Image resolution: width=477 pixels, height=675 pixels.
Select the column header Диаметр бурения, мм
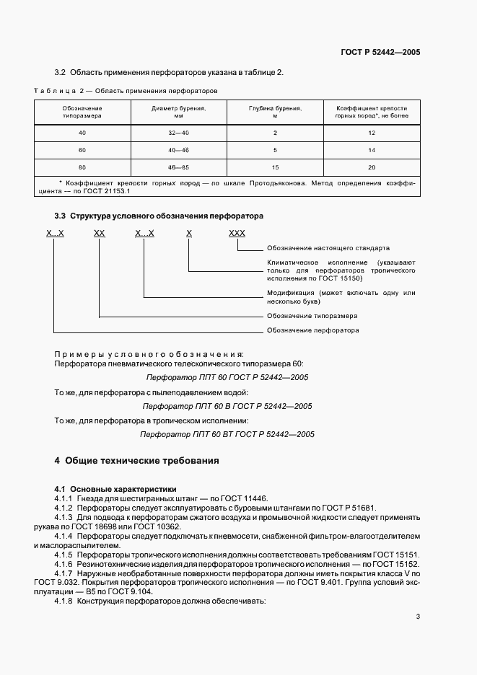(178, 111)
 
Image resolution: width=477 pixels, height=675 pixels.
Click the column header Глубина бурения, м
(275, 111)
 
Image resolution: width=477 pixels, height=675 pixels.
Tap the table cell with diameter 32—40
(178, 133)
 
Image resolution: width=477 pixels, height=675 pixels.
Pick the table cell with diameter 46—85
(178, 167)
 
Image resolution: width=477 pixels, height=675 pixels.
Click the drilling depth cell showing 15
(275, 167)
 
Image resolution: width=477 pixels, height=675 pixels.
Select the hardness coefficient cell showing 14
(372, 150)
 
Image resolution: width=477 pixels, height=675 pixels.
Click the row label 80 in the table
(82, 167)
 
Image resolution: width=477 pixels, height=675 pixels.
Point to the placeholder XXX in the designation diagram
(237, 234)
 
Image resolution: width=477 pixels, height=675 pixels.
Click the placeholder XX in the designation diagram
(100, 234)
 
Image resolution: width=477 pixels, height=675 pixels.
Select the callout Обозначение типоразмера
(312, 316)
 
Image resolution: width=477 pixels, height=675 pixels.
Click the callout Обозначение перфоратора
(312, 330)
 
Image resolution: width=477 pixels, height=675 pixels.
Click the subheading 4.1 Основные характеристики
(115, 489)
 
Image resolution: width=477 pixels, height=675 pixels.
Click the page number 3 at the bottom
(418, 617)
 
